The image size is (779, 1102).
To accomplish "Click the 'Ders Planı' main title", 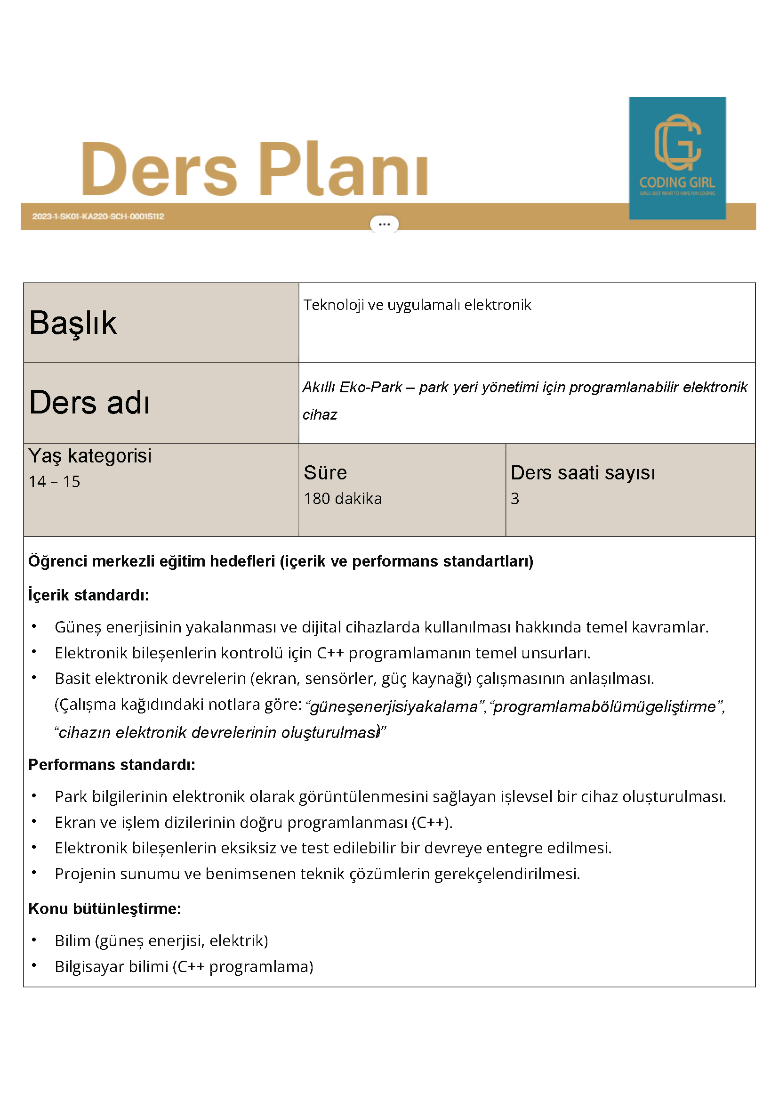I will point(254,169).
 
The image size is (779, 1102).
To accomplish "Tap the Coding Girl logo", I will point(677,158).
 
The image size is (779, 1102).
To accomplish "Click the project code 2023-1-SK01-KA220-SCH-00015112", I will point(98,217).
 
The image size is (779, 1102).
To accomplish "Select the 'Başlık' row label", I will point(73,323).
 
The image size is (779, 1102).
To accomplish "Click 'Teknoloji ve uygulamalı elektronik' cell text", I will point(417,305).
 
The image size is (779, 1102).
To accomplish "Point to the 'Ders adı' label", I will point(90,402).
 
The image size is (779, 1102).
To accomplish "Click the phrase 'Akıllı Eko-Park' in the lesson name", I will point(352,387).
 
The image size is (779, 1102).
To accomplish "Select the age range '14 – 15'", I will point(54,481).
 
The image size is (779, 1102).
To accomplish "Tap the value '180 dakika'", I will point(343,498).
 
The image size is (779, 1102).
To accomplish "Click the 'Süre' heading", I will point(325,473).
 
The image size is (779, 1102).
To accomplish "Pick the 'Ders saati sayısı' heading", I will point(582,473).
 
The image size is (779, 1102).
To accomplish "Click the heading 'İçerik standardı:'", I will point(89,595).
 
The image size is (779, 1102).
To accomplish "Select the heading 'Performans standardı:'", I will point(112,764).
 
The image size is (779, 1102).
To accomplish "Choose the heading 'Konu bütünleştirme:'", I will point(104,908).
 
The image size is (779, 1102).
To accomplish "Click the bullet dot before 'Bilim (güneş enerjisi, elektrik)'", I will point(34,940).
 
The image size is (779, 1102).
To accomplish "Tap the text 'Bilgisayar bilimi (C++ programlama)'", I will point(184,966).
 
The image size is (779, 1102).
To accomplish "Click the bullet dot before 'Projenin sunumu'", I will point(34,873).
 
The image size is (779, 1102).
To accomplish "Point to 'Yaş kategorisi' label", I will point(90,455).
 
